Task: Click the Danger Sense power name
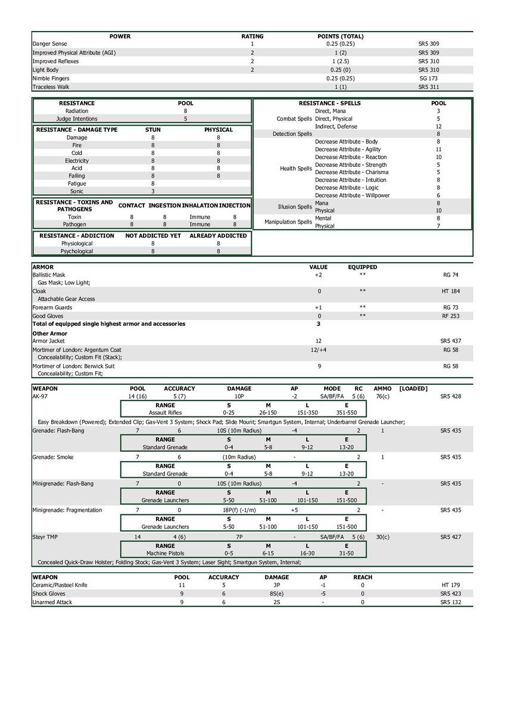tap(49, 44)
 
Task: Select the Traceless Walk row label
tap(51, 87)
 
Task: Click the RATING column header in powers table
tap(252, 36)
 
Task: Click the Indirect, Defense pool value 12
tap(438, 126)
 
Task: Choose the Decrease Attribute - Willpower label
tap(352, 195)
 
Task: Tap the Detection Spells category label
tap(292, 134)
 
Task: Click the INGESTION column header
tap(164, 206)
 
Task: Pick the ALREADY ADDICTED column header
tap(218, 236)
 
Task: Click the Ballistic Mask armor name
tap(49, 275)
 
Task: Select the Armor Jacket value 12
tap(319, 341)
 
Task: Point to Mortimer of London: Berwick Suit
tap(73, 366)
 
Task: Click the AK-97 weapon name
tap(40, 396)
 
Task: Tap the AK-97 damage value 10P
tap(239, 396)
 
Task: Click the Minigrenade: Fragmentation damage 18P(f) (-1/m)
tap(239, 511)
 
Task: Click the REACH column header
tap(363, 577)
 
